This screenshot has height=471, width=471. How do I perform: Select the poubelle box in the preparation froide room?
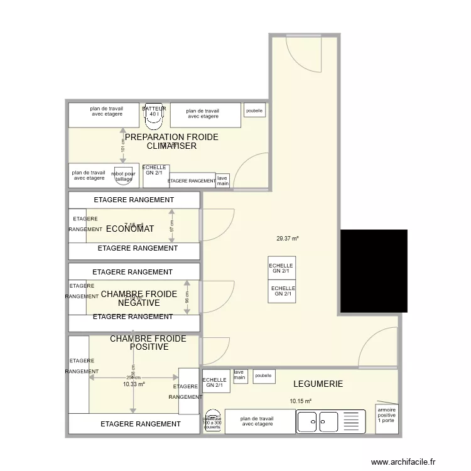(254, 110)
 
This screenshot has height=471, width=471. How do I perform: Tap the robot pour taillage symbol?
(123, 176)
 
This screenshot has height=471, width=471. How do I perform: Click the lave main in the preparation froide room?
(222, 181)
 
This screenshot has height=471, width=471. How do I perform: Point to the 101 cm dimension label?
(123, 146)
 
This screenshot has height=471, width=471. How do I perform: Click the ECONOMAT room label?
(130, 229)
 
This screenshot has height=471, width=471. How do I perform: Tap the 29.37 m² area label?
(287, 239)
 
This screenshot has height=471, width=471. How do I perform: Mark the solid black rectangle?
(373, 271)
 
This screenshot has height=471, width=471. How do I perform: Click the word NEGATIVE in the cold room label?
(139, 303)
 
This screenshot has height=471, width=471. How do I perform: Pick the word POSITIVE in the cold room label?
(149, 347)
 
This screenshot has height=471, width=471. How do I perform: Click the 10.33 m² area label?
(134, 384)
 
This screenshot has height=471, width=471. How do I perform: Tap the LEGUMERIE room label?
(318, 384)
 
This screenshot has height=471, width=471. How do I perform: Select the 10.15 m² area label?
(300, 401)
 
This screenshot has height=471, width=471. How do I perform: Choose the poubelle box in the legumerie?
(264, 376)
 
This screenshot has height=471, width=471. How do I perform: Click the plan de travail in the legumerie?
(259, 421)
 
